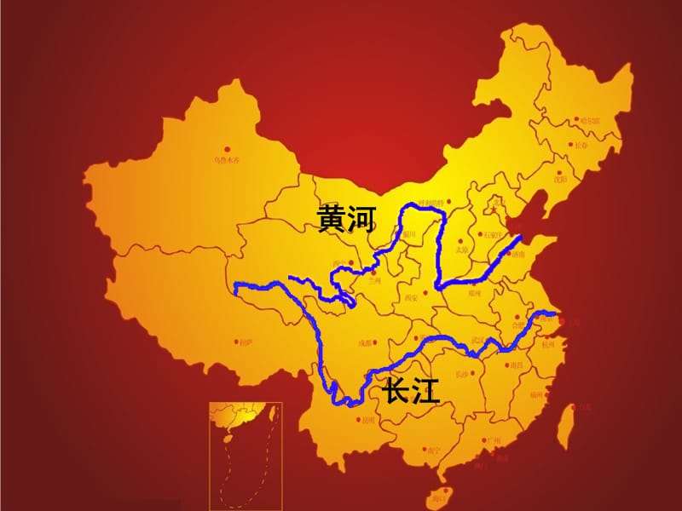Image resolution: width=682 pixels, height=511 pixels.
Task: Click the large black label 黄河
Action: point(346,220)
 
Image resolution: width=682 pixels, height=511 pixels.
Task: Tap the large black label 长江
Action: point(411,391)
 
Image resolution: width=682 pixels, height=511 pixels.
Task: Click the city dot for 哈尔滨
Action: point(578,120)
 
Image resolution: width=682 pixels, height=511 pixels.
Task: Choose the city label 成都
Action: point(365,343)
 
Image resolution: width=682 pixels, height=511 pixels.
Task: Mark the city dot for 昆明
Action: point(358,417)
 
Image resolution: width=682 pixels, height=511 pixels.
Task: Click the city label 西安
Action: point(411,298)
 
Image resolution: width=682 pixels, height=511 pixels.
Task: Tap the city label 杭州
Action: point(547,345)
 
